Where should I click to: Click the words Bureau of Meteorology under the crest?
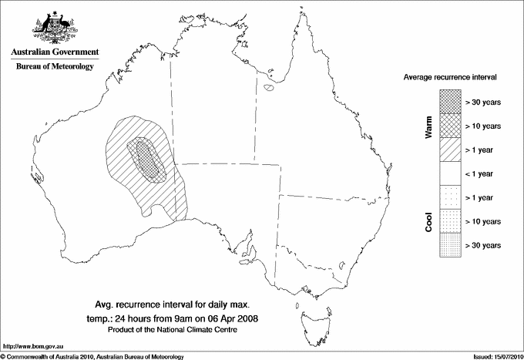coord(55,67)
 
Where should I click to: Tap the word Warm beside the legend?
coord(428,127)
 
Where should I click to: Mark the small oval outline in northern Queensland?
coord(269,88)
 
